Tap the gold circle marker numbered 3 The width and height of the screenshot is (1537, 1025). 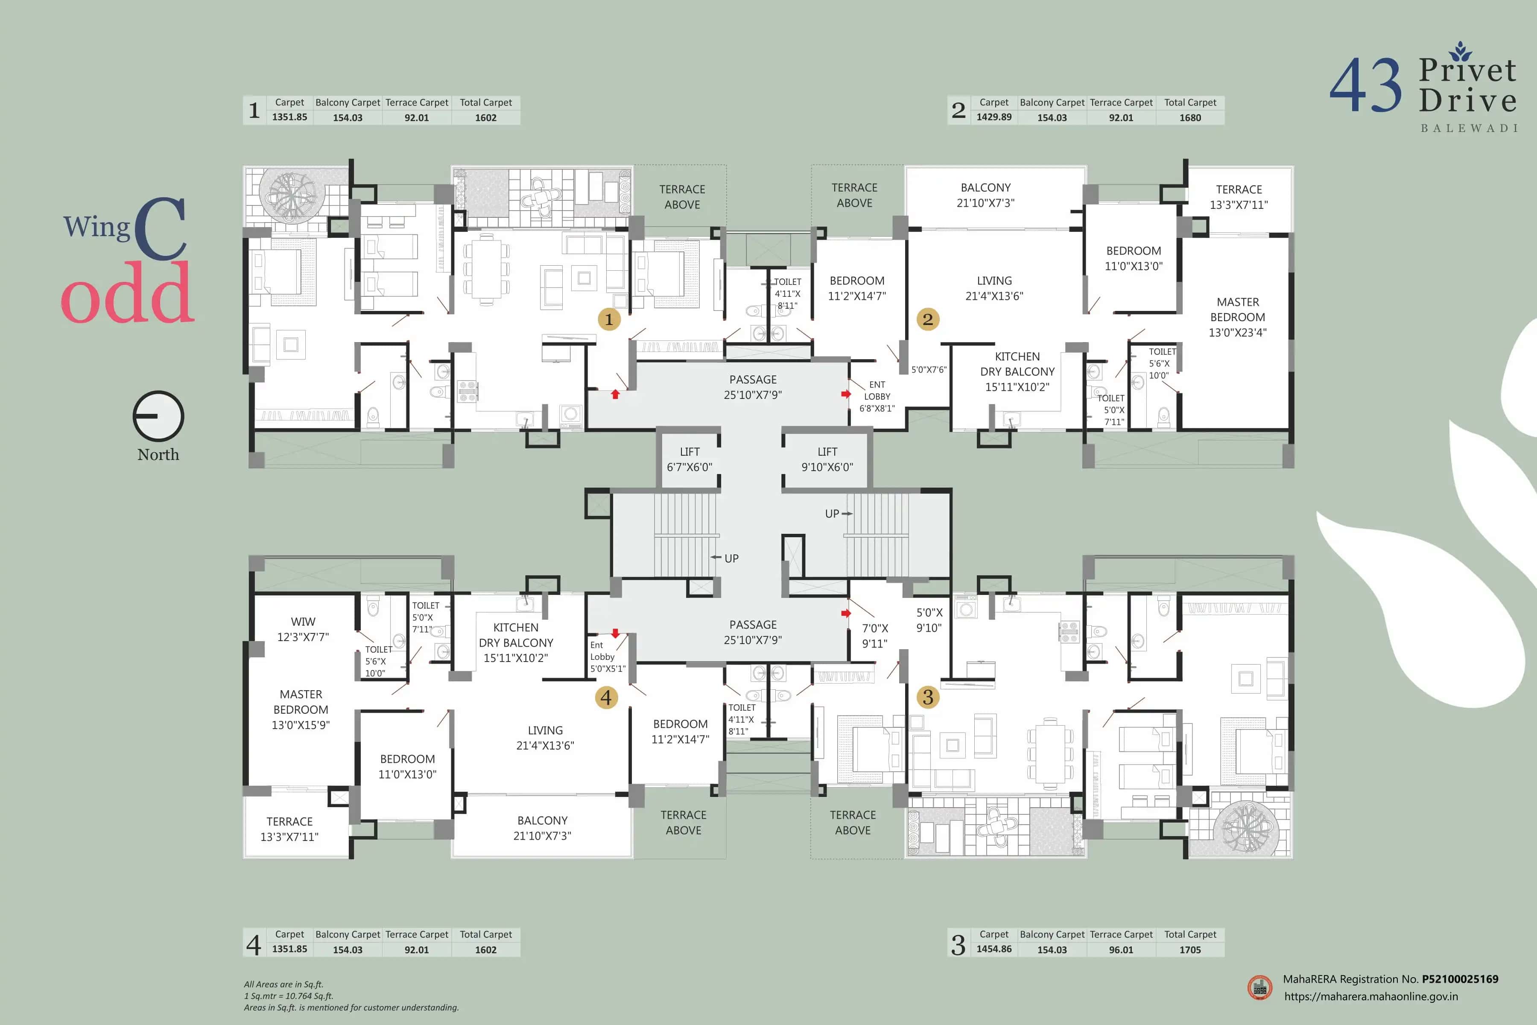pyautogui.click(x=927, y=697)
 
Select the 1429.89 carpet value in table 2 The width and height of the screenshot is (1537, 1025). pyautogui.click(x=993, y=117)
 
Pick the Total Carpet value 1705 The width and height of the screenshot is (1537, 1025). pyautogui.click(x=1189, y=949)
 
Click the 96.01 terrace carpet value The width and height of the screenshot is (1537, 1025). pyautogui.click(x=1121, y=949)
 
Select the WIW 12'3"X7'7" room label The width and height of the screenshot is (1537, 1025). pyautogui.click(x=303, y=629)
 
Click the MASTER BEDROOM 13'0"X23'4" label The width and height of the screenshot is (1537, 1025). pyautogui.click(x=1237, y=317)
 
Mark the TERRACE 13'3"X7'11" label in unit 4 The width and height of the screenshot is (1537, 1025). pyautogui.click(x=289, y=829)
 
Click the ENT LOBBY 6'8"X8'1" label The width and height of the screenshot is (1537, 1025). pyautogui.click(x=877, y=396)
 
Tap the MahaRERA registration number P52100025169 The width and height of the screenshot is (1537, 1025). pyautogui.click(x=1459, y=978)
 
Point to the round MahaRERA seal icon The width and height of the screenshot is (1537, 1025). pyautogui.click(x=1259, y=987)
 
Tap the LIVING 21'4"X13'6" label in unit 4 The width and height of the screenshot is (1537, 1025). pyautogui.click(x=545, y=738)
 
